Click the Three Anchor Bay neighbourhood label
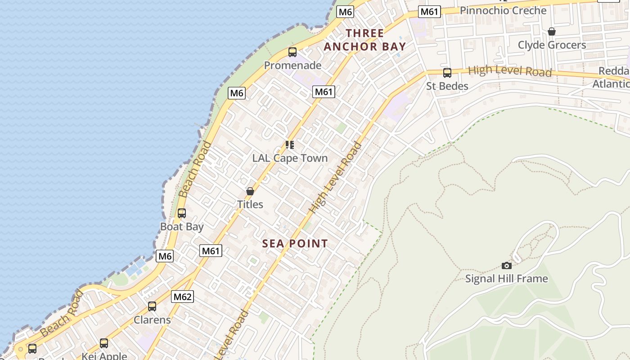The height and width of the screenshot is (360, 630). point(365,40)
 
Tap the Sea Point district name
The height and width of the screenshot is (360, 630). point(295,243)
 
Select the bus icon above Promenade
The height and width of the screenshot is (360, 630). point(292,52)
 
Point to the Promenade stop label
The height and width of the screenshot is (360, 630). point(292,65)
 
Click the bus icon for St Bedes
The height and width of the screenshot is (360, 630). point(447,73)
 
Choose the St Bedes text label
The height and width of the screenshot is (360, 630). point(447,86)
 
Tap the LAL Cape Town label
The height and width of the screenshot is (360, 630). point(290,158)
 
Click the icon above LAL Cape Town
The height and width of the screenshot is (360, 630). point(290,145)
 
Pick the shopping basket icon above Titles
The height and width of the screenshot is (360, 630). point(250,191)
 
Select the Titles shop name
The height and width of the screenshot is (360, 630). point(250,204)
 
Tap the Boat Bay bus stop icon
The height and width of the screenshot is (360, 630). point(182,213)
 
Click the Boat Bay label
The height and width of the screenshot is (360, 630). point(182,226)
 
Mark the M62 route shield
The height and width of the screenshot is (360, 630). point(183,297)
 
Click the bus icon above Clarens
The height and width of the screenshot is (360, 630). point(152,306)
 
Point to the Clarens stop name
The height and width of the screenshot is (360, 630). point(152,320)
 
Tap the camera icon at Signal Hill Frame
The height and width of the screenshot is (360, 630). point(507,265)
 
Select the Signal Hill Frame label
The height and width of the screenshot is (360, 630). point(507,279)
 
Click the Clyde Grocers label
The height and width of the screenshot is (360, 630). point(552,45)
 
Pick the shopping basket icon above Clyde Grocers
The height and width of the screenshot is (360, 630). point(552,31)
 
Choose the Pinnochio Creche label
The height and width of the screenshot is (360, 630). point(503,10)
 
